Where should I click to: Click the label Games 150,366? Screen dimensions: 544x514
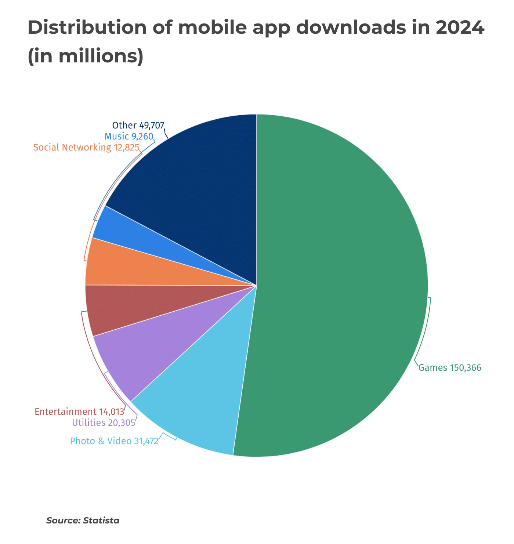pyautogui.click(x=450, y=368)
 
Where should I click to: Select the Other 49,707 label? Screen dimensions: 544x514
pyautogui.click(x=138, y=126)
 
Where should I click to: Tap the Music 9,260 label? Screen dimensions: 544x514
pyautogui.click(x=129, y=137)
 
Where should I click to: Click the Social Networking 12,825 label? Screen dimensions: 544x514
pyautogui.click(x=86, y=148)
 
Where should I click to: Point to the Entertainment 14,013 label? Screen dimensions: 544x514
pyautogui.click(x=80, y=412)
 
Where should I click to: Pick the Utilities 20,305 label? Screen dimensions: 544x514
pyautogui.click(x=104, y=422)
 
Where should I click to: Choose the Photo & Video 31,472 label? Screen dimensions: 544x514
pyautogui.click(x=114, y=441)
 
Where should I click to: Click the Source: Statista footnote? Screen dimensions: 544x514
pyautogui.click(x=83, y=521)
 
